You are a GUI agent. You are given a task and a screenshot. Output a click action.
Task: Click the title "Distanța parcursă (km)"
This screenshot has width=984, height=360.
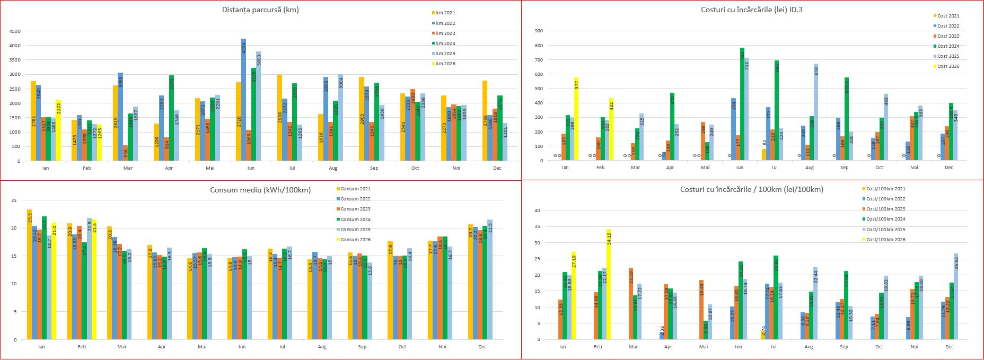[260, 10]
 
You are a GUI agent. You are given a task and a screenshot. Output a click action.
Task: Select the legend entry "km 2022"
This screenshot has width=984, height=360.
[445, 23]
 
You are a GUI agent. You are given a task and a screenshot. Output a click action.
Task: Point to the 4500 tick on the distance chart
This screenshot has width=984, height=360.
[15, 31]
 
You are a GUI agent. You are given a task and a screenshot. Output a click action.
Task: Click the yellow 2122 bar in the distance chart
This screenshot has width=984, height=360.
[58, 130]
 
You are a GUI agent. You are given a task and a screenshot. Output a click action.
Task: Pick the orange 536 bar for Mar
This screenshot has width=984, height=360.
[125, 153]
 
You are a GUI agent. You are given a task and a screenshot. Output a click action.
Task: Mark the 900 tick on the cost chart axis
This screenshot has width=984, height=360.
[539, 31]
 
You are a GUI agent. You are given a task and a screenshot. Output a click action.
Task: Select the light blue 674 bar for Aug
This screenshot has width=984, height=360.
[816, 112]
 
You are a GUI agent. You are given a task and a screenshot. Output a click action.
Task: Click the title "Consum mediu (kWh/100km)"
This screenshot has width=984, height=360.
[260, 190]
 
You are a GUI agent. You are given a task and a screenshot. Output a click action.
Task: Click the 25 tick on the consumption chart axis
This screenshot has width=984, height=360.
[14, 200]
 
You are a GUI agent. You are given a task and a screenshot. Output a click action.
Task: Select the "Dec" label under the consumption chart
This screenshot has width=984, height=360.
[482, 347]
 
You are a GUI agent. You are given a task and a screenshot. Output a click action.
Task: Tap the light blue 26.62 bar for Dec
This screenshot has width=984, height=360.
[956, 296]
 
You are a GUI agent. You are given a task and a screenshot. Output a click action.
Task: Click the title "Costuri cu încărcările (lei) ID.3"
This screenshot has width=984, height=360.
[752, 10]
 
